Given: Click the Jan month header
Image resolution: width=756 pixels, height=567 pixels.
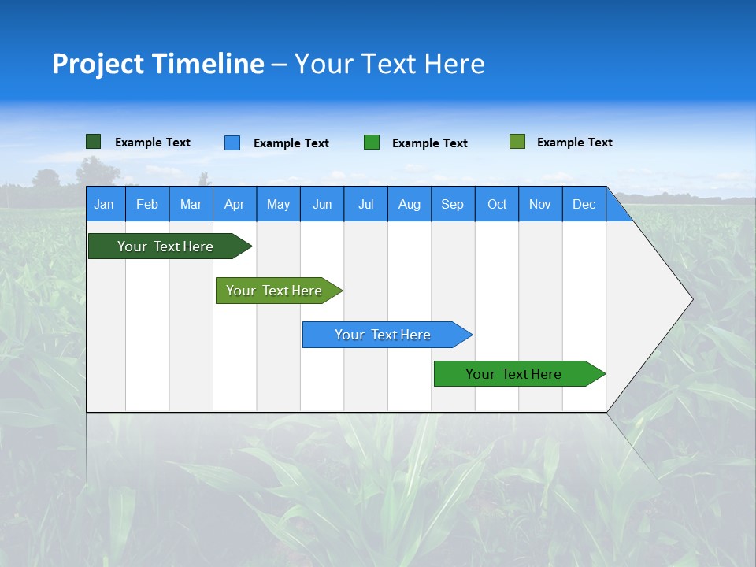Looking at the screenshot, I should click(x=104, y=205).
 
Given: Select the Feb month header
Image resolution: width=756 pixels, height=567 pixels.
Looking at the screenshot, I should click(x=147, y=205).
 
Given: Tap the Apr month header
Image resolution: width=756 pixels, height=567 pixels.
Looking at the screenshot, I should click(x=234, y=205).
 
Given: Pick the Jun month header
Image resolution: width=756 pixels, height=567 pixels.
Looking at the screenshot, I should click(x=322, y=205).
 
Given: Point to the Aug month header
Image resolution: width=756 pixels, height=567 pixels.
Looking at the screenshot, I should click(x=409, y=205).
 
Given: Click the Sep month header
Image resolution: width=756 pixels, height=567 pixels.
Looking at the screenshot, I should click(x=452, y=205).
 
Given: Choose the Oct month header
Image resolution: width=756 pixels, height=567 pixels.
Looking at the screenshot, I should click(x=497, y=205).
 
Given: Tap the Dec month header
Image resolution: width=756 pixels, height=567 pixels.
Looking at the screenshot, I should click(x=584, y=205).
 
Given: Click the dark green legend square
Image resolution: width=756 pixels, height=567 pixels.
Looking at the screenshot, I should click(x=94, y=142).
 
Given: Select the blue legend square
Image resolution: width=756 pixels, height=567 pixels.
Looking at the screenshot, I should click(x=232, y=143).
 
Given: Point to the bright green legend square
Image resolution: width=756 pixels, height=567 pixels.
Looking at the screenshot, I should click(x=372, y=143).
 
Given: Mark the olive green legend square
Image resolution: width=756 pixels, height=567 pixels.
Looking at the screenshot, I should click(x=517, y=142).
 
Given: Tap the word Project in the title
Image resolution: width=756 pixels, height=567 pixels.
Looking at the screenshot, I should click(x=97, y=64).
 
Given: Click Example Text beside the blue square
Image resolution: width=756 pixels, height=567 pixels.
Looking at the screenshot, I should click(x=291, y=143).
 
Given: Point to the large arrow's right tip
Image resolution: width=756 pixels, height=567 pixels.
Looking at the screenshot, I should click(x=691, y=298).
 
